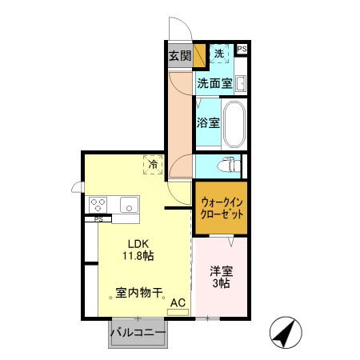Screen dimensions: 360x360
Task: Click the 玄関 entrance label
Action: pos(179,56)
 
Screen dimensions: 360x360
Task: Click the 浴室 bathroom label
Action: pos(208,123)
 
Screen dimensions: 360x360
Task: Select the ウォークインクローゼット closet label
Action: pos(218,210)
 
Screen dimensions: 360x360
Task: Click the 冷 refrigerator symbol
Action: pos(152,165)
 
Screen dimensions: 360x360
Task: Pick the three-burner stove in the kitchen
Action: pos(99,204)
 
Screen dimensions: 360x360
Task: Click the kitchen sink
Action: pos(128,204)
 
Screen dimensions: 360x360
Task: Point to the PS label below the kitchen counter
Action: pos(98,218)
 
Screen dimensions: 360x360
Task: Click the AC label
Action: pos(178,302)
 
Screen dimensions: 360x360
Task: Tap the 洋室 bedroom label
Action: pos(222,272)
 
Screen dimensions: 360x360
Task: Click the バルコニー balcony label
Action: pos(138,332)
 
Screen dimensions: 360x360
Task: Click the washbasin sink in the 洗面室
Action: pos(240,83)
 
